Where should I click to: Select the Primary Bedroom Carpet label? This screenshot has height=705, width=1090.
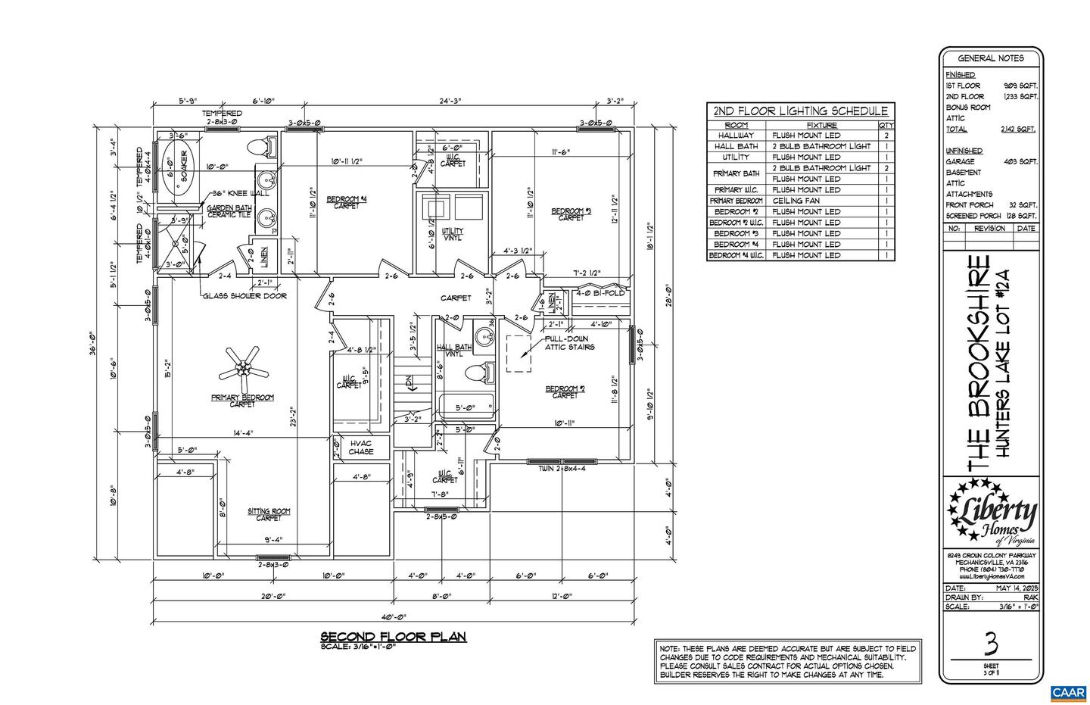(x=242, y=400)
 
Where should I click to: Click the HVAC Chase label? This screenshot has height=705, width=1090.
(x=361, y=448)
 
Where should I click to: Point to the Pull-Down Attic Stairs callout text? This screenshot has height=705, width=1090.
(x=569, y=342)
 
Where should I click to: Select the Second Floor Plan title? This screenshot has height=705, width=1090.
(x=394, y=636)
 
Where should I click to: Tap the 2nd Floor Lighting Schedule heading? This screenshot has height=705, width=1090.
(x=800, y=111)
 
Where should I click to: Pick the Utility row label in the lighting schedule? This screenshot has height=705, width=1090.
(x=736, y=157)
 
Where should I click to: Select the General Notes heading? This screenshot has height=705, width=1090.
(x=991, y=58)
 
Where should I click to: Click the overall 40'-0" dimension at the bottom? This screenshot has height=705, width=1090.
(x=394, y=617)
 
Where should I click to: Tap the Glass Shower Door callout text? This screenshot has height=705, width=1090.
(x=244, y=296)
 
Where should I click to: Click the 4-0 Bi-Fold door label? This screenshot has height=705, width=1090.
(x=600, y=292)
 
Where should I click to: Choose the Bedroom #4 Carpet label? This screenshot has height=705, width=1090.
(x=347, y=202)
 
